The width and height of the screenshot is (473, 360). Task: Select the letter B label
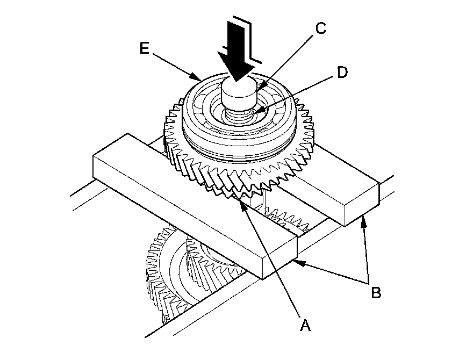[376, 293]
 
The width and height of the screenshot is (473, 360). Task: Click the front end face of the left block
[279, 257]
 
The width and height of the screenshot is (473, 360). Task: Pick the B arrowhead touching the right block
[363, 217]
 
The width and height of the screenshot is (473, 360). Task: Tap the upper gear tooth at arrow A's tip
[239, 195]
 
